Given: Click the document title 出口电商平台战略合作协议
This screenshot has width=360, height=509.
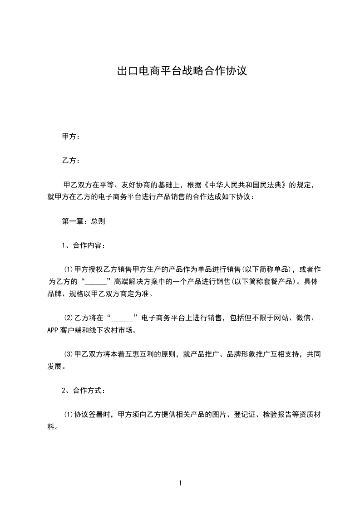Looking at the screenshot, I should pyautogui.click(x=182, y=71).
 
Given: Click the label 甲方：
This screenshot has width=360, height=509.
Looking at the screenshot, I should pyautogui.click(x=71, y=136).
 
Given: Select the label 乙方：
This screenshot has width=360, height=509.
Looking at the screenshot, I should pyautogui.click(x=71, y=161).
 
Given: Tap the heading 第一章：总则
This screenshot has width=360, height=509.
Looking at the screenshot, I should pyautogui.click(x=83, y=222).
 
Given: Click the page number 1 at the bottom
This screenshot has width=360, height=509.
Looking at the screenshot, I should pyautogui.click(x=180, y=483).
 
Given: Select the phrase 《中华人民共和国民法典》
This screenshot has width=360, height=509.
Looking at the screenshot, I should pyautogui.click(x=246, y=185).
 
